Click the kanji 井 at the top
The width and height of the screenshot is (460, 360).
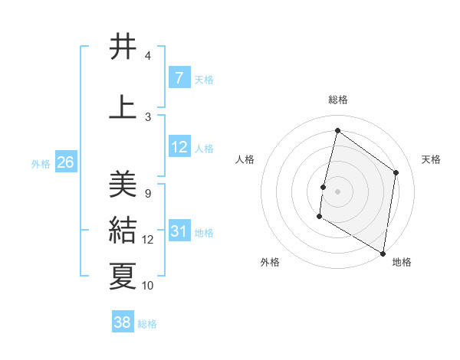click(x=123, y=47)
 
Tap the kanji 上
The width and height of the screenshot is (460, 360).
click(x=123, y=106)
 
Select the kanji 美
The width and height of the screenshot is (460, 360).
click(x=123, y=185)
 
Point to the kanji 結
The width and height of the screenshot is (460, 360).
click(x=123, y=231)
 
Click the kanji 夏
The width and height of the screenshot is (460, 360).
click(x=123, y=276)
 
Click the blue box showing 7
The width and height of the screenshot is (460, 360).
click(x=179, y=77)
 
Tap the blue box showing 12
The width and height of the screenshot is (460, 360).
click(x=179, y=147)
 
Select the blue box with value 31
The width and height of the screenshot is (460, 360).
click(x=179, y=231)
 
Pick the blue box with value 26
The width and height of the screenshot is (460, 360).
click(x=65, y=162)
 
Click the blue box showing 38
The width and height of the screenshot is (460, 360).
click(x=122, y=322)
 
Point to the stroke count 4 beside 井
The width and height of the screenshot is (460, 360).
click(x=147, y=56)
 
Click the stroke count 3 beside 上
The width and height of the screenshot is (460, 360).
click(x=147, y=116)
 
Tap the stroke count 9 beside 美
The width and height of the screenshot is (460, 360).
click(x=147, y=193)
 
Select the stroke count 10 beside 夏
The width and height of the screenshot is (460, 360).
click(x=148, y=286)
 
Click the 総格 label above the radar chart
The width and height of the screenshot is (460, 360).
click(x=337, y=100)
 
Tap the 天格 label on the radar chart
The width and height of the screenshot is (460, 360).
click(x=431, y=159)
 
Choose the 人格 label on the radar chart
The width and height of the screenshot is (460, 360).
click(x=245, y=159)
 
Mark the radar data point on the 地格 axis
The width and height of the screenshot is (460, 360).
click(x=383, y=253)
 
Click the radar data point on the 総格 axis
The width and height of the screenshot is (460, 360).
click(x=337, y=130)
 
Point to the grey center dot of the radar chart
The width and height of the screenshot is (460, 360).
click(x=337, y=191)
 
